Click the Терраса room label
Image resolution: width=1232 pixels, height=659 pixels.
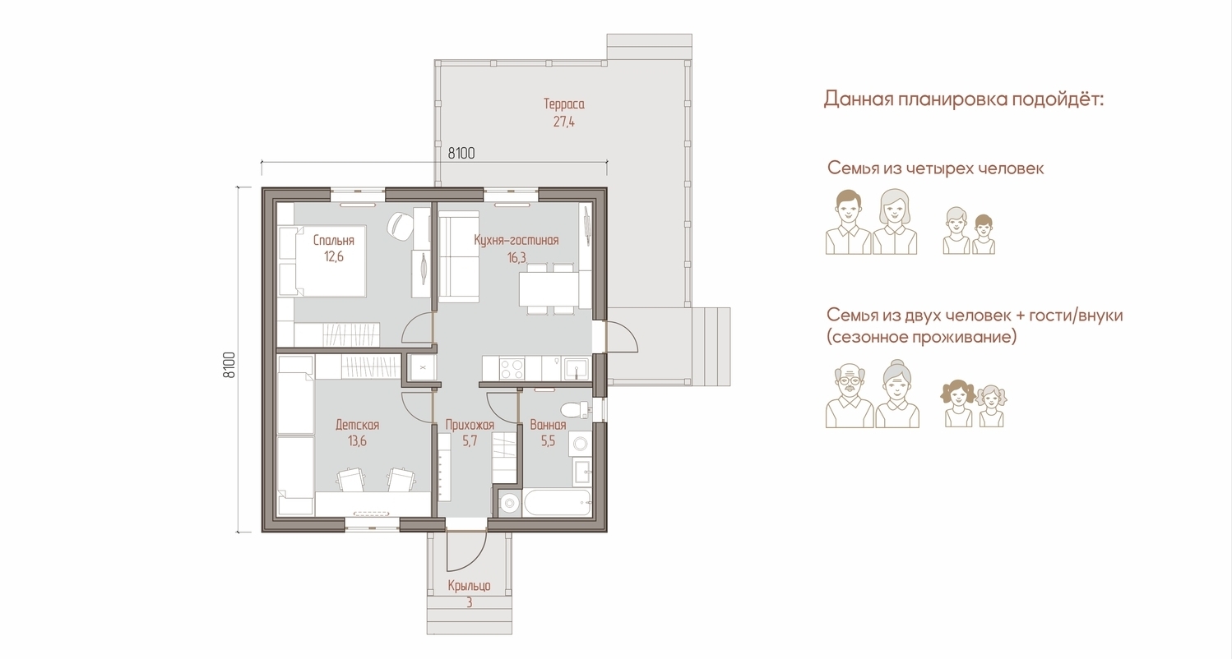[x=563, y=104]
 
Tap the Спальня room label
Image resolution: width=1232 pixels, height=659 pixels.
[x=334, y=240]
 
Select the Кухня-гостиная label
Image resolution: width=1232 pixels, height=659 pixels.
[x=516, y=240]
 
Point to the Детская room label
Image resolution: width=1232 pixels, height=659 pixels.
[x=358, y=425]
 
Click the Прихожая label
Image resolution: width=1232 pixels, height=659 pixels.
[x=470, y=425]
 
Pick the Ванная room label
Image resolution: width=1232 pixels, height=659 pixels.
[x=548, y=425]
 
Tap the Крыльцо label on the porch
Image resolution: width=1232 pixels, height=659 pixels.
[x=469, y=586]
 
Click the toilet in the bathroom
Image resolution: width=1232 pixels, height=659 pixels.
[x=576, y=409]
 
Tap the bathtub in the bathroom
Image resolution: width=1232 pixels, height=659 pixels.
[x=557, y=502]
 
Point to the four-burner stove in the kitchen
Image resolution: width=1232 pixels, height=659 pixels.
[x=512, y=368]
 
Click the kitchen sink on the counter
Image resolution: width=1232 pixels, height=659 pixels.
[x=576, y=368]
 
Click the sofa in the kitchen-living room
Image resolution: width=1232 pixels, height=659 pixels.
[x=459, y=258]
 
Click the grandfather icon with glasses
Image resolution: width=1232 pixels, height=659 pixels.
[x=850, y=396]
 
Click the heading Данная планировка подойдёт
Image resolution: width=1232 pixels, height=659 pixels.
[x=964, y=99]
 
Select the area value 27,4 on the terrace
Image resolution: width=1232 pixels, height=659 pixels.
[x=563, y=122]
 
